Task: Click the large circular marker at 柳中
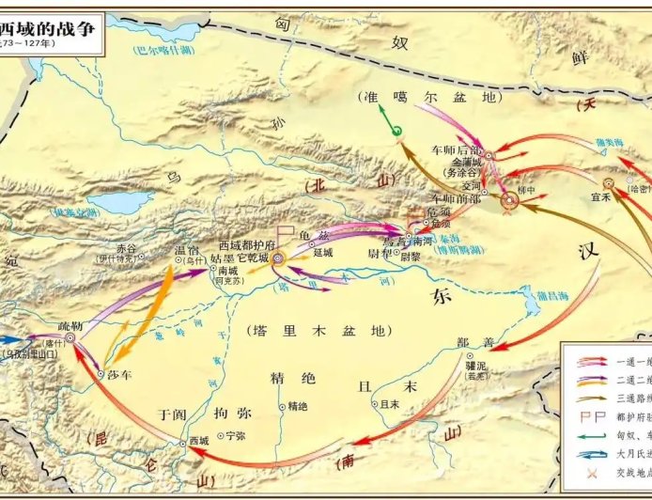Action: [x=510, y=198]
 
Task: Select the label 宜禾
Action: [x=601, y=198]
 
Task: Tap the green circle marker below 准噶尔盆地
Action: [x=396, y=132]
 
